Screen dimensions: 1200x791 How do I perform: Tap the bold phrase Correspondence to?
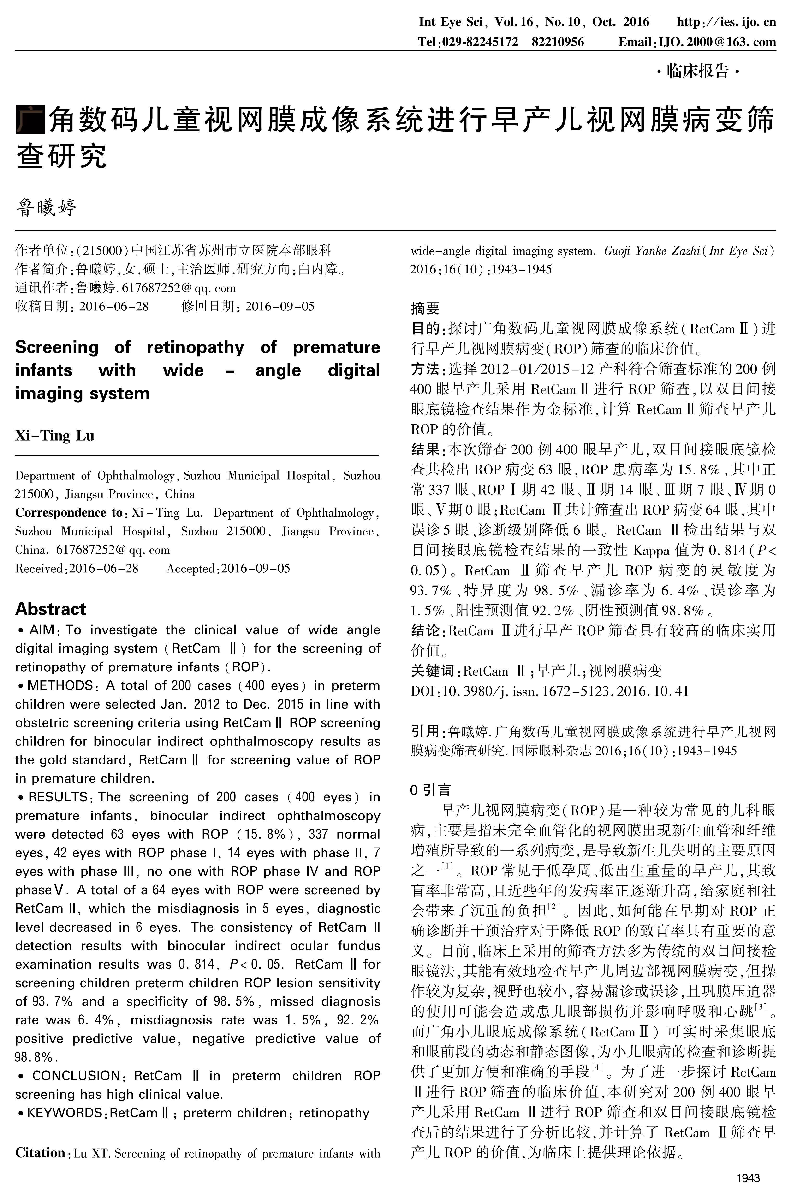(x=68, y=513)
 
